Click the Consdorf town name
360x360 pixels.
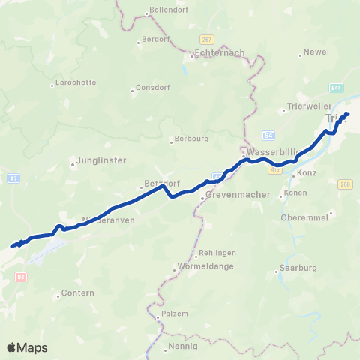point(153,88)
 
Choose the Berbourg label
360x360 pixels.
point(189,139)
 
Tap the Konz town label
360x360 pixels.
point(307,173)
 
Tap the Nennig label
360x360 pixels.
point(183,346)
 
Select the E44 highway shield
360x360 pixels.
point(335,88)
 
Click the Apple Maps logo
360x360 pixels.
point(27,347)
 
